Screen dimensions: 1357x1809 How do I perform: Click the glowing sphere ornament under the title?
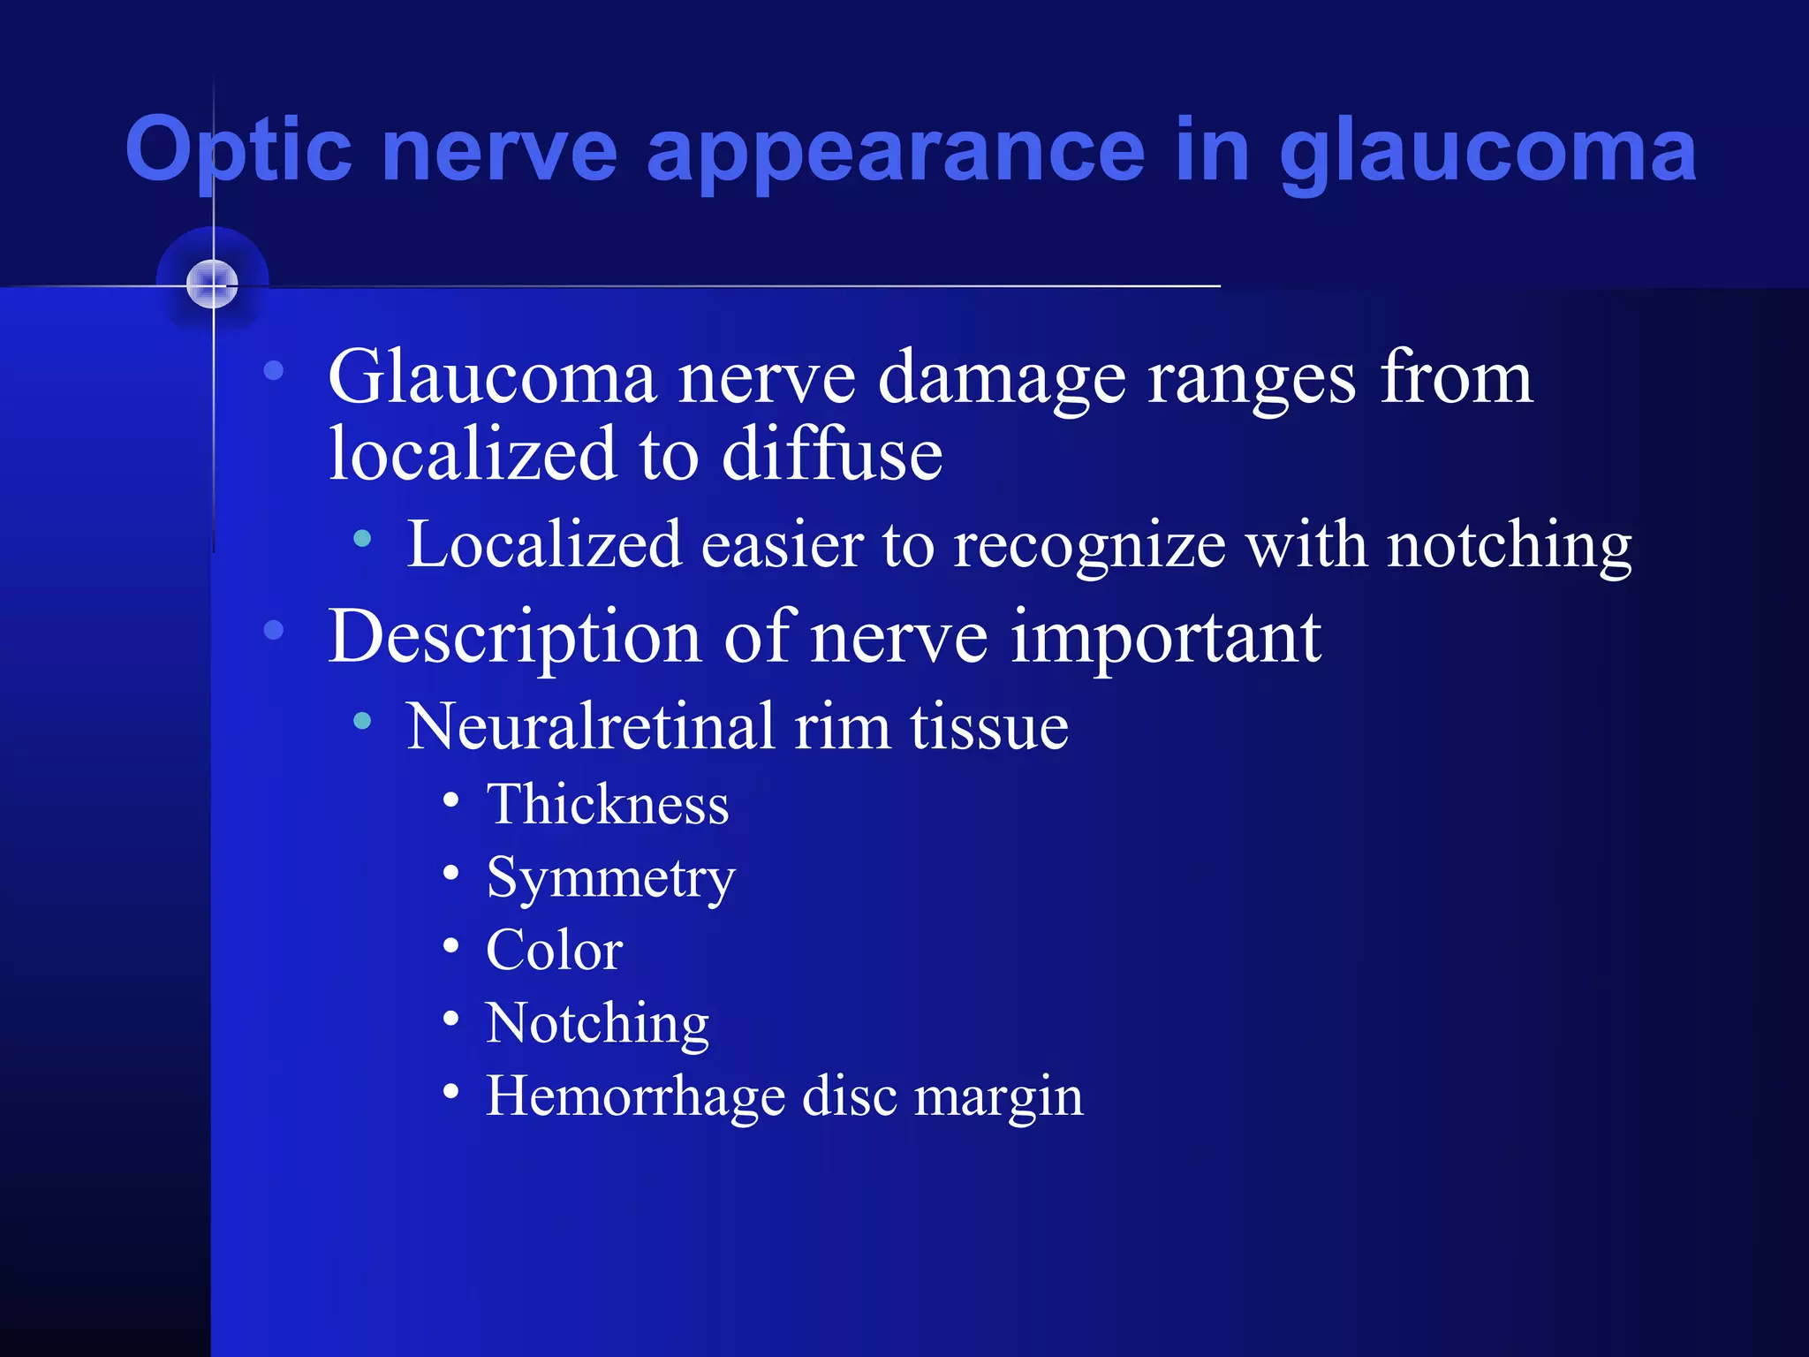pyautogui.click(x=213, y=284)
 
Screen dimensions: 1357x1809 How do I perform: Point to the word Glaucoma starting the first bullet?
pyautogui.click(x=492, y=378)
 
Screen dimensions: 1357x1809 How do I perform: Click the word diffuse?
pyautogui.click(x=832, y=454)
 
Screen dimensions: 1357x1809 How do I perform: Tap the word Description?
pyautogui.click(x=514, y=637)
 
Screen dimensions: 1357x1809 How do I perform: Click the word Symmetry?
pyautogui.click(x=610, y=878)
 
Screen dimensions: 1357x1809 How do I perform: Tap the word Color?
pyautogui.click(x=555, y=951)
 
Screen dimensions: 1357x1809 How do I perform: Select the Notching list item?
pyautogui.click(x=597, y=1024)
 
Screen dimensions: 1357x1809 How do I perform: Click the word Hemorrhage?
pyautogui.click(x=634, y=1097)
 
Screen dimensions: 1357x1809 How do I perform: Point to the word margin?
pyautogui.click(x=998, y=1097)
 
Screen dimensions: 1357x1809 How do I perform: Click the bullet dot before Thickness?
pyautogui.click(x=451, y=800)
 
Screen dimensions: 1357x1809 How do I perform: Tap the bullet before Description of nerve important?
pyautogui.click(x=274, y=630)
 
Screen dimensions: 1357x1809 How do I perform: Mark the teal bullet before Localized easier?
pyautogui.click(x=362, y=538)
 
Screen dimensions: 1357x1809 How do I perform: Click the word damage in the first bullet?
pyautogui.click(x=1002, y=378)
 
